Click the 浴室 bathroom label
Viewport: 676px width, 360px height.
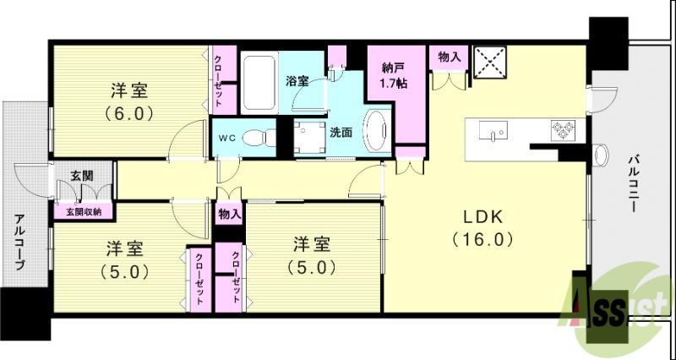[297, 81]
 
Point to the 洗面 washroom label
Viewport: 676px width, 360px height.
[341, 132]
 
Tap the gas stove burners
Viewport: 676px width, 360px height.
[564, 131]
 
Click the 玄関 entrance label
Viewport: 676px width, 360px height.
[81, 175]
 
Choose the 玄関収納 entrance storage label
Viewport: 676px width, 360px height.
[83, 211]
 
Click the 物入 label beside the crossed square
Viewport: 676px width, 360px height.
[449, 57]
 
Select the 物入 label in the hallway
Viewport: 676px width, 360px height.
[229, 214]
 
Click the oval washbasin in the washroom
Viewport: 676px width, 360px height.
[376, 131]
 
